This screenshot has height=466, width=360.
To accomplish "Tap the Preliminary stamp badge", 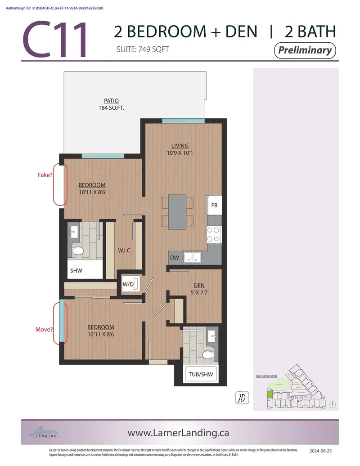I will pyautogui.click(x=305, y=50).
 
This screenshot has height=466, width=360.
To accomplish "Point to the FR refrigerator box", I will pyautogui.click(x=214, y=206).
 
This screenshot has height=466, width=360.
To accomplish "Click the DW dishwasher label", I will pyautogui.click(x=175, y=258).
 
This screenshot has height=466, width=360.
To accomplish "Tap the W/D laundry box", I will pyautogui.click(x=128, y=284).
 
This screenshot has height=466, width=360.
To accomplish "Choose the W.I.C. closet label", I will pyautogui.click(x=125, y=250).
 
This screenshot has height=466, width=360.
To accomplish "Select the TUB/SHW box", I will pyautogui.click(x=200, y=374).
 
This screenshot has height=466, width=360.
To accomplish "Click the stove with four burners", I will pyautogui.click(x=214, y=233).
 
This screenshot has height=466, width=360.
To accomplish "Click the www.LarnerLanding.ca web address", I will pyautogui.click(x=178, y=433).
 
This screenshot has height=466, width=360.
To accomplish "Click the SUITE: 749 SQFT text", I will pyautogui.click(x=143, y=49).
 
